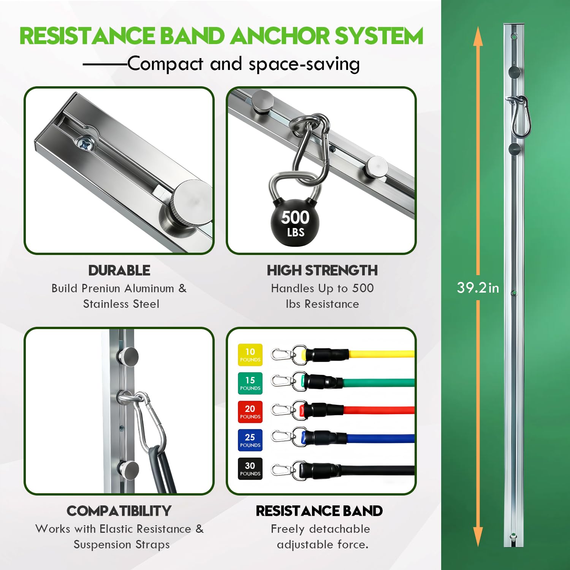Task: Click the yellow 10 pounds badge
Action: click(x=250, y=355)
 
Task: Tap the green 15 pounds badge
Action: click(x=250, y=383)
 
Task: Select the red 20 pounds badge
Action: click(x=250, y=412)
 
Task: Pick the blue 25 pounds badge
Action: click(x=250, y=440)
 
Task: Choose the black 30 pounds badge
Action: click(x=250, y=469)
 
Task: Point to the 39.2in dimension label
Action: click(x=478, y=288)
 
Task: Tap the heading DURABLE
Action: click(x=119, y=271)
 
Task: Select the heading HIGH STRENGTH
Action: click(x=322, y=271)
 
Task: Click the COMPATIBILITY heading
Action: click(x=119, y=511)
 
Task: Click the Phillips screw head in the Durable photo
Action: click(x=84, y=144)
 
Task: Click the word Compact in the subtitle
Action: click(x=166, y=64)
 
